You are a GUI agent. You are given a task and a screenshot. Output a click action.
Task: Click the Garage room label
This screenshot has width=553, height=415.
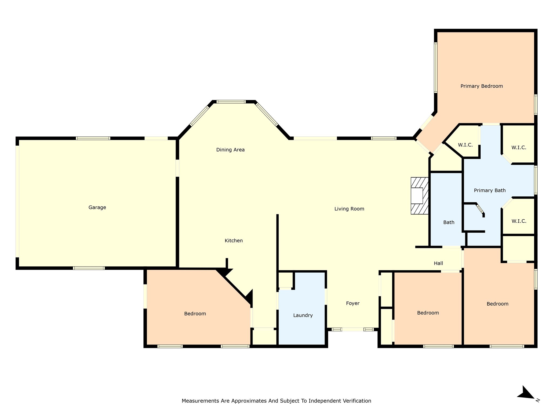point(97,207)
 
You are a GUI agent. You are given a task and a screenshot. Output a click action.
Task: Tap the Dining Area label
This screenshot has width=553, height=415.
point(230,150)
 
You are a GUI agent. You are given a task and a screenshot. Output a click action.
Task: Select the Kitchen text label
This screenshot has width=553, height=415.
point(234,240)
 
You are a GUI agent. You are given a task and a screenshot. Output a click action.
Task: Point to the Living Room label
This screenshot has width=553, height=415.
point(349,209)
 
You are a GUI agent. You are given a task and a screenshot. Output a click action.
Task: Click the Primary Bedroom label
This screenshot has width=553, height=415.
point(481,86)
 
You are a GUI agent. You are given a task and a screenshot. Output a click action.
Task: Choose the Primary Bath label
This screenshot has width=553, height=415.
point(490,190)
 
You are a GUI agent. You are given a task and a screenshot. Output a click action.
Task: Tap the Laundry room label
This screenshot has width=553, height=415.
point(303,315)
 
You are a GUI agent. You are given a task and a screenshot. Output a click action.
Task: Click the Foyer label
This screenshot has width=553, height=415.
point(353,303)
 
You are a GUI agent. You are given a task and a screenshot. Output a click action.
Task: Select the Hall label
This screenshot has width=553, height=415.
point(438,263)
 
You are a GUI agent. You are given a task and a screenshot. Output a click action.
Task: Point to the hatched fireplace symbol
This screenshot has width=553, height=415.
point(419,196)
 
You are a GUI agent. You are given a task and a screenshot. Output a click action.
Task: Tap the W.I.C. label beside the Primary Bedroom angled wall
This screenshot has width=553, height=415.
point(465,145)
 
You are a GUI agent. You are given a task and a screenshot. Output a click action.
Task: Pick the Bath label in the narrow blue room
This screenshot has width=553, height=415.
point(449,222)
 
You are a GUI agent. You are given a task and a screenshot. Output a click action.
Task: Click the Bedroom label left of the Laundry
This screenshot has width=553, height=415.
point(195,314)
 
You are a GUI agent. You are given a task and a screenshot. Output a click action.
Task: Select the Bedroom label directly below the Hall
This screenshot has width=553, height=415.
point(428,313)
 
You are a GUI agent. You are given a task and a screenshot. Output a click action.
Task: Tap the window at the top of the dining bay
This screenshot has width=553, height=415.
point(231,102)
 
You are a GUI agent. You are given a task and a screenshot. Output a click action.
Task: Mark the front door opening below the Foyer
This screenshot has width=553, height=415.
point(352,329)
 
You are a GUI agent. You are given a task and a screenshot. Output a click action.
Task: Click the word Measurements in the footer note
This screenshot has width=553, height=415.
point(200,401)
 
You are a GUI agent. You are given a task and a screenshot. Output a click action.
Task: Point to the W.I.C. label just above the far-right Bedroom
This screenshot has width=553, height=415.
point(519,221)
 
